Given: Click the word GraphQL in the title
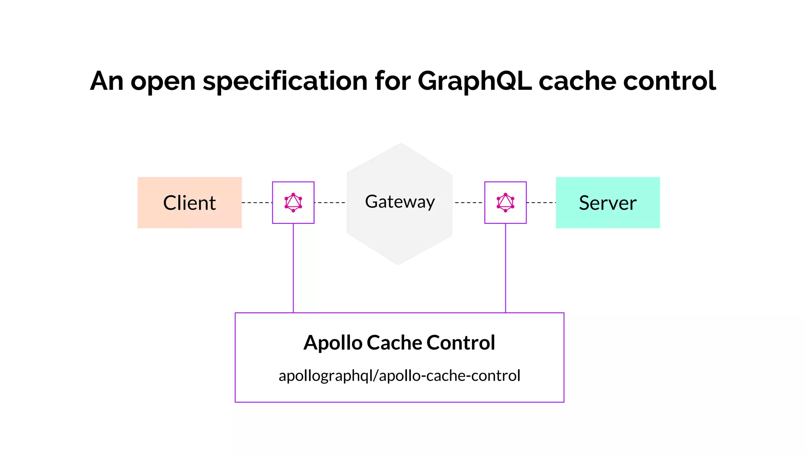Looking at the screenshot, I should point(474,81).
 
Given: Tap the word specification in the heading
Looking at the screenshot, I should point(285,81).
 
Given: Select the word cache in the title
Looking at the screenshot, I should point(577,81).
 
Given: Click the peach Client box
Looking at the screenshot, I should point(189,203).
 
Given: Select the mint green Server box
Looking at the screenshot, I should point(608,203).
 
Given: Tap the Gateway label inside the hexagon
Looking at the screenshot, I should point(400,202).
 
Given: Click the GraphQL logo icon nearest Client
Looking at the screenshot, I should point(293,203).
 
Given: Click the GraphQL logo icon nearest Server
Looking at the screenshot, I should point(505,203).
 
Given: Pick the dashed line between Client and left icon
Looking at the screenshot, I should point(257,203).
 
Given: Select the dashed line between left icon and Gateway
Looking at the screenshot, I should point(330,203).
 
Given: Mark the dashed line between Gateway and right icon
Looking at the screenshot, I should point(468,203).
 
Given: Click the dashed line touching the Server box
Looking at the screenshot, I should point(541,203).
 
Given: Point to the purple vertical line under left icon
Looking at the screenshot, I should point(293,268).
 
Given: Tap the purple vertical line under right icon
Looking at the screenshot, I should point(505,268).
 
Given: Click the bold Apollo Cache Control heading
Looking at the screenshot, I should point(399,342).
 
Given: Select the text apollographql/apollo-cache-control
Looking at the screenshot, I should point(399,376).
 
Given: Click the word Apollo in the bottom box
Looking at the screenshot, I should point(333,342).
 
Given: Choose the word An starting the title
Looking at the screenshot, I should point(107,81).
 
